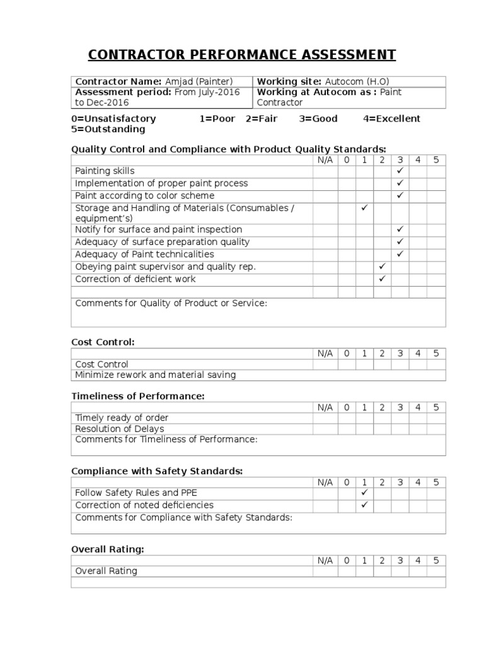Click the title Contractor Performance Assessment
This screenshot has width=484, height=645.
click(x=242, y=55)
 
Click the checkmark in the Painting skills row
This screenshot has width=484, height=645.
click(x=400, y=171)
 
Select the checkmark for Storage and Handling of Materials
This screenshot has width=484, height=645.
click(x=364, y=208)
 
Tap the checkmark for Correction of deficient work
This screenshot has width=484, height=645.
click(x=382, y=279)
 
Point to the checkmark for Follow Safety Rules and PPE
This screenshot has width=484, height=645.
click(x=364, y=493)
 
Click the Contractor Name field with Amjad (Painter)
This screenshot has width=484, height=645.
click(x=161, y=81)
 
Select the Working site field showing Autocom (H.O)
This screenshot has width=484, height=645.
click(x=349, y=81)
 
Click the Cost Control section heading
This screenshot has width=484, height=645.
click(x=103, y=342)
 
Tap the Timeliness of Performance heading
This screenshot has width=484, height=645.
click(x=137, y=396)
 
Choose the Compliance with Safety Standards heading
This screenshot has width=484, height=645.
click(x=157, y=471)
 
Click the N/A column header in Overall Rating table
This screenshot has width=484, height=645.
click(x=325, y=561)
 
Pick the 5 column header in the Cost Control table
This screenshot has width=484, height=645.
click(x=435, y=353)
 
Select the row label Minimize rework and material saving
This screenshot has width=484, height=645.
click(x=155, y=375)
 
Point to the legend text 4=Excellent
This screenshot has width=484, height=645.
click(x=391, y=118)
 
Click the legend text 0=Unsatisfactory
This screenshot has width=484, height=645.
click(x=113, y=118)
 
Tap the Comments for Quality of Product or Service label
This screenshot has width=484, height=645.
click(x=171, y=303)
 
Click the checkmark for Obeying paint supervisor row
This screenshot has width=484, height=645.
click(x=382, y=266)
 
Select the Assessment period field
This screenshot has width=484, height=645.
click(x=161, y=97)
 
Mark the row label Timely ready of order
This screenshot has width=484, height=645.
click(x=122, y=418)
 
